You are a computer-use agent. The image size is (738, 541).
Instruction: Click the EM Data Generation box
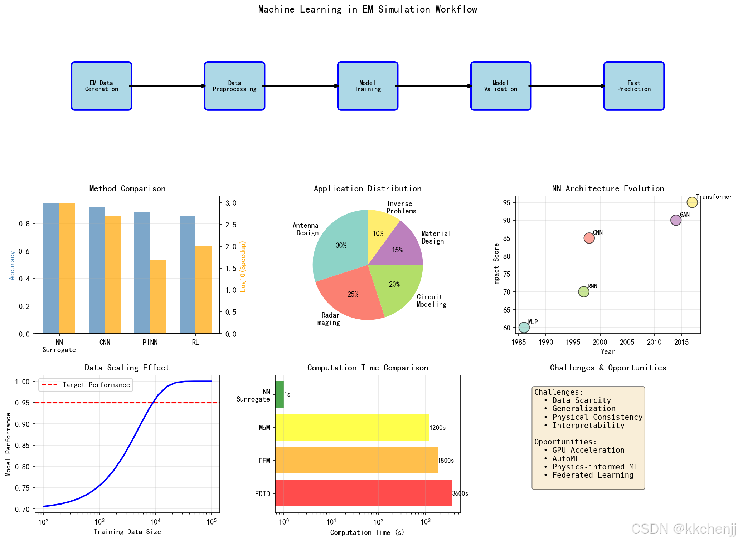pos(101,86)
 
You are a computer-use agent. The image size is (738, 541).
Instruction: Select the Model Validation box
pos(500,86)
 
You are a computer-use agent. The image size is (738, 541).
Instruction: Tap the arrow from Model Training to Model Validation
pos(434,86)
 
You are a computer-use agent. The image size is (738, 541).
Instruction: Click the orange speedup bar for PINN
pos(158,296)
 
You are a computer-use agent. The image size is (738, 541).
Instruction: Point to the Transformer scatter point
pos(692,202)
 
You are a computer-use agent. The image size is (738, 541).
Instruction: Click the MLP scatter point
pos(524,327)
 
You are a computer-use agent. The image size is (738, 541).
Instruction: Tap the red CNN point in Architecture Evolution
pos(589,238)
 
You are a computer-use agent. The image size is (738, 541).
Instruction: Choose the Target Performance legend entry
pos(86,385)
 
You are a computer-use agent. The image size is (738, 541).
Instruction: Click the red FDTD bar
pos(363,493)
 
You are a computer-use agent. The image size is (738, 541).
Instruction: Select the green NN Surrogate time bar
pos(280,394)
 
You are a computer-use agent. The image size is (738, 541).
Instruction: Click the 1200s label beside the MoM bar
pos(437,428)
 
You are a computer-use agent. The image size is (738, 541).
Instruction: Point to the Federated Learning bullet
pos(592,475)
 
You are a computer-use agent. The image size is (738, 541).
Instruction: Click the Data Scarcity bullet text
pos(581,400)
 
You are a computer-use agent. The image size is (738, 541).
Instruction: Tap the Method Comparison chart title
pos(127,188)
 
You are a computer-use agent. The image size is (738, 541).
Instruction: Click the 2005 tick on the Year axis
pos(627,342)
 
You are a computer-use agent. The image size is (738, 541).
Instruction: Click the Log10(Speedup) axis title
pos(243,266)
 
